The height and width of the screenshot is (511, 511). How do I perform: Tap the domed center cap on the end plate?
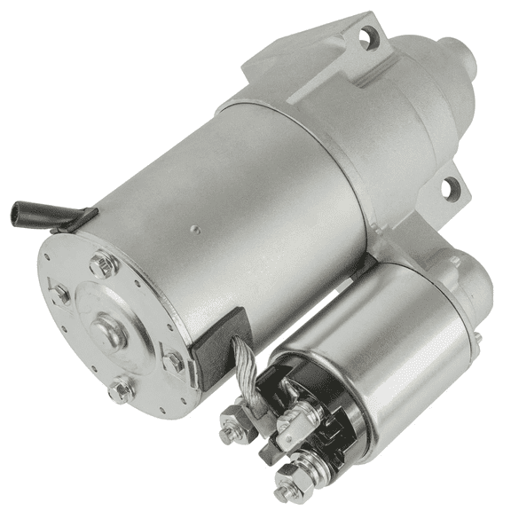[110, 330]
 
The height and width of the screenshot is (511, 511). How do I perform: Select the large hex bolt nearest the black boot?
[102, 263]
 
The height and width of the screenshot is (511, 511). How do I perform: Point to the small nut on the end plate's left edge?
[59, 294]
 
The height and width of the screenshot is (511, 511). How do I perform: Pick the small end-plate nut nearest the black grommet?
[174, 360]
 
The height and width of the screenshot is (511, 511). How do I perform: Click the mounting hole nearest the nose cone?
[367, 37]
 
